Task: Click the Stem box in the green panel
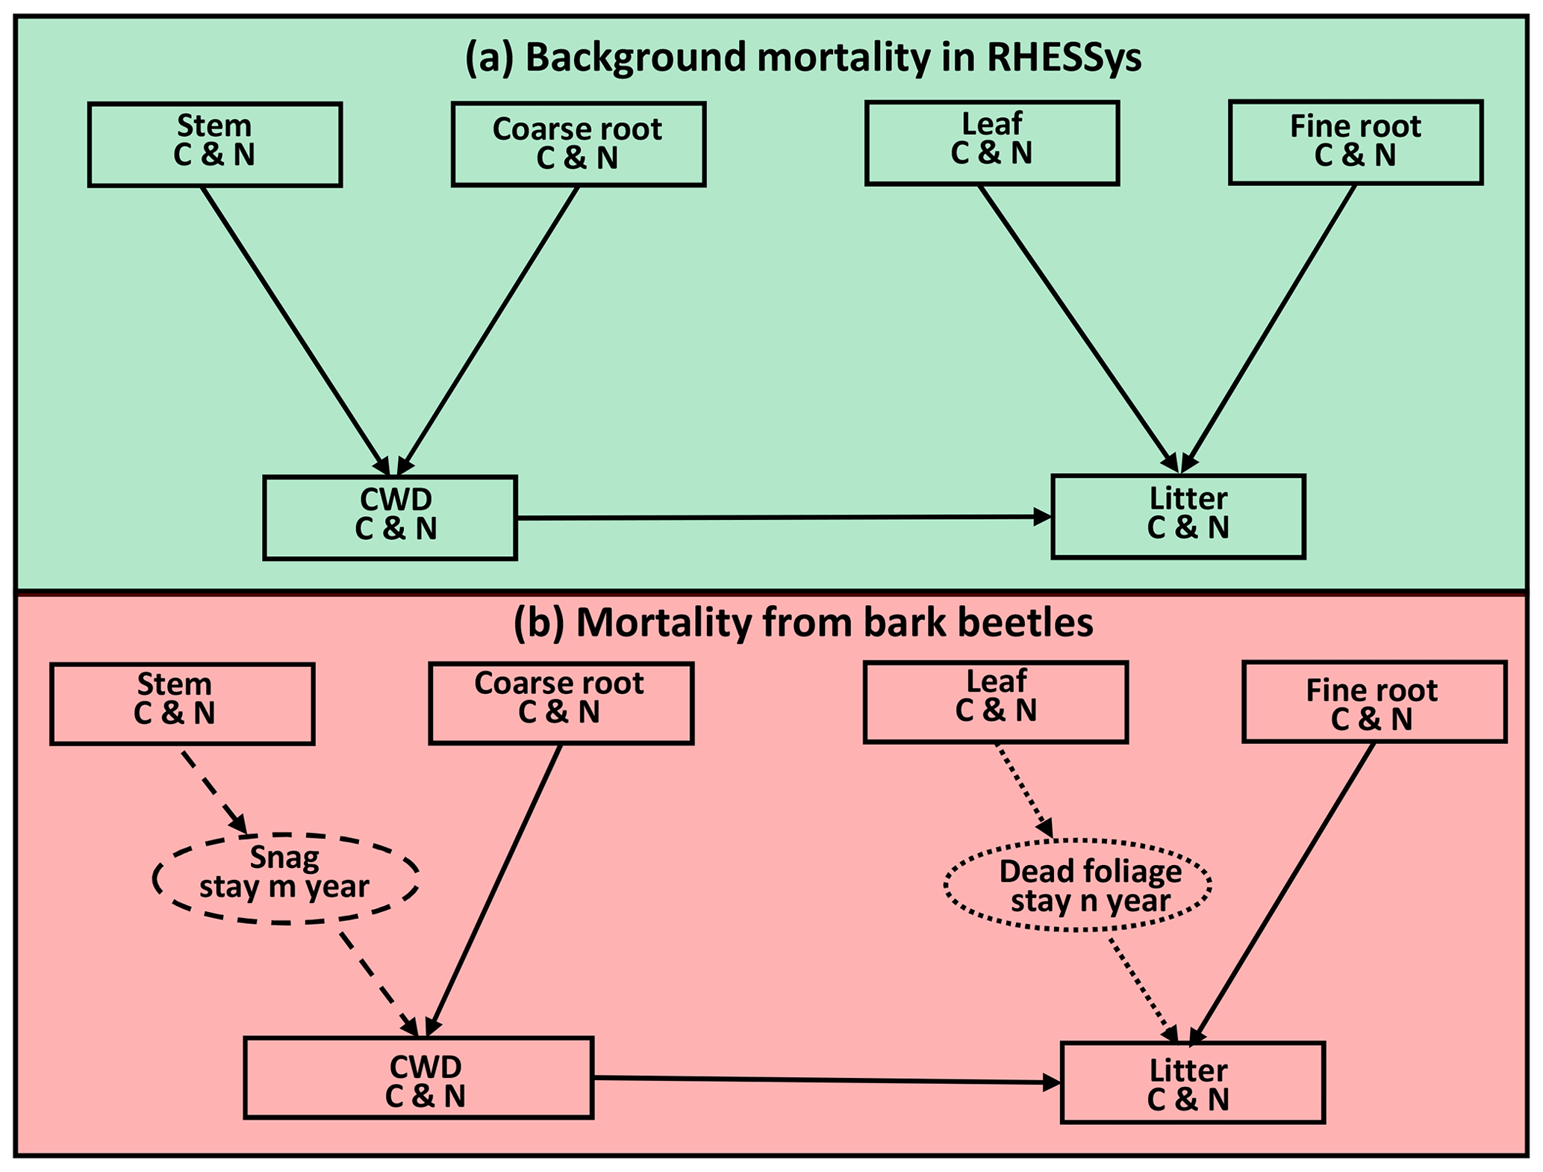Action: (x=215, y=144)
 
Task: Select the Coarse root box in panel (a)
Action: (x=579, y=144)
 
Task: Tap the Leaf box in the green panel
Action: (x=992, y=143)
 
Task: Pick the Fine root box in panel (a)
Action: (x=1356, y=143)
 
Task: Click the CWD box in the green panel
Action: (x=390, y=517)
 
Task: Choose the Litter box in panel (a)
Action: (x=1178, y=516)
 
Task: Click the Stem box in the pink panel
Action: (x=182, y=704)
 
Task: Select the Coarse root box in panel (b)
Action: (x=561, y=703)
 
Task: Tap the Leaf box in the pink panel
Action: (x=996, y=701)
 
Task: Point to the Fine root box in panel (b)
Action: (x=1374, y=701)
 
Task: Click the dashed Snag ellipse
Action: (x=285, y=878)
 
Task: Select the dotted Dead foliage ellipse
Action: (x=1077, y=884)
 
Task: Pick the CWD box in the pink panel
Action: (x=419, y=1077)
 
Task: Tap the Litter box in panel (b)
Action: (x=1192, y=1082)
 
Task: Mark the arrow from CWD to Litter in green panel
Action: (x=784, y=517)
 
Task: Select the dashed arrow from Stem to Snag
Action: (x=214, y=791)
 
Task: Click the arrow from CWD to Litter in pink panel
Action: (x=826, y=1080)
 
